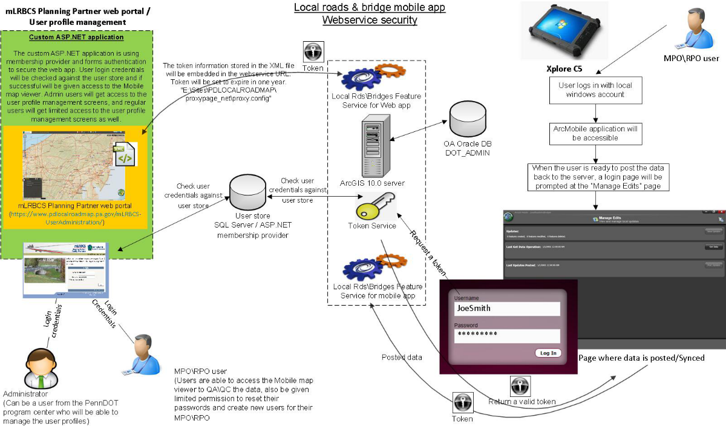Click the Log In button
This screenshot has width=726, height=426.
(548, 353)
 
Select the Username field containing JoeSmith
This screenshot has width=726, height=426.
(507, 309)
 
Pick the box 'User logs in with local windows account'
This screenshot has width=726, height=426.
(595, 90)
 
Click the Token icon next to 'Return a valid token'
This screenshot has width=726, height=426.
(520, 385)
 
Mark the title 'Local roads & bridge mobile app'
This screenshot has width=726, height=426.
(370, 8)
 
